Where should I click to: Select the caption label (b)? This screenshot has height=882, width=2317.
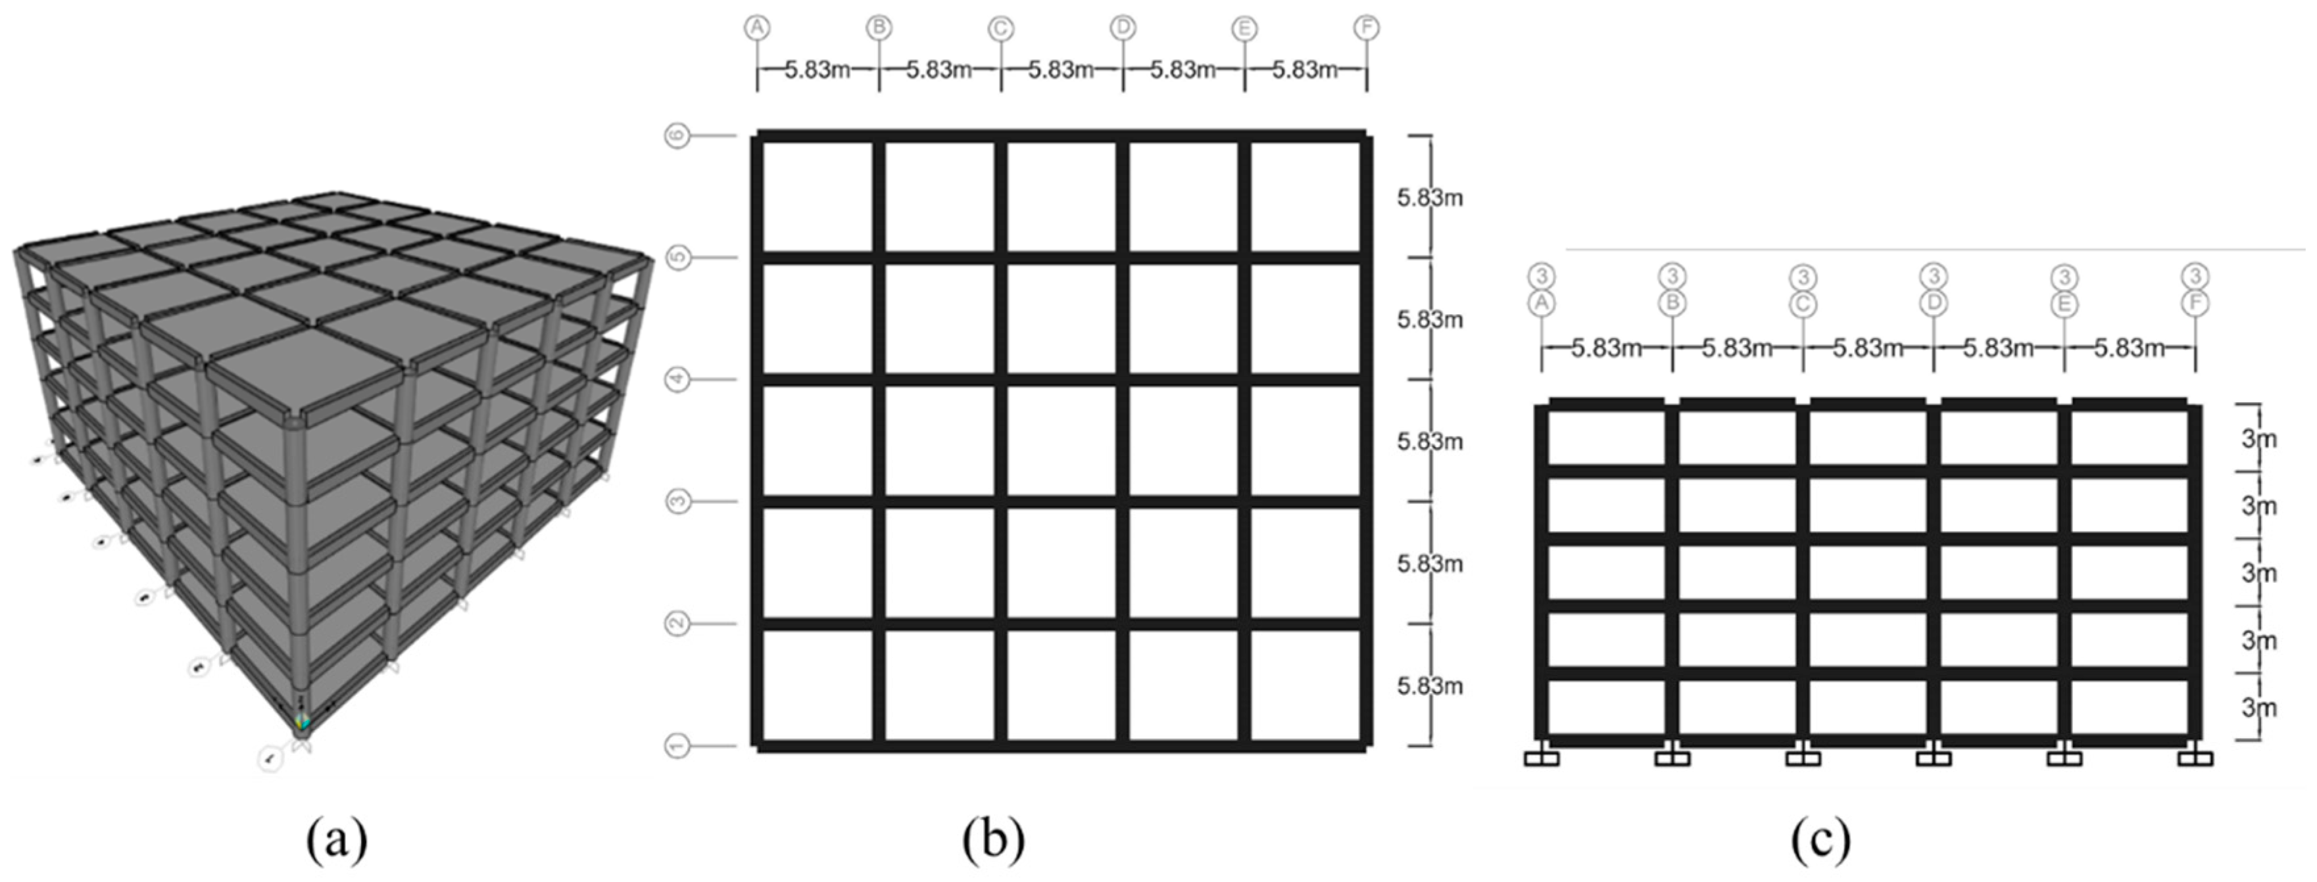click(x=993, y=840)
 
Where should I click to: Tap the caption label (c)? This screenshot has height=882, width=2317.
click(x=1820, y=840)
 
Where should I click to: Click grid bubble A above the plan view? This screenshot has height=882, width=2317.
click(x=758, y=28)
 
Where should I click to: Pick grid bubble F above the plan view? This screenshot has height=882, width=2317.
click(x=1366, y=28)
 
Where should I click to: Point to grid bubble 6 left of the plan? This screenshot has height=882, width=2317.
click(x=677, y=136)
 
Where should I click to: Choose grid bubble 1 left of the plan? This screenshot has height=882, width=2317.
click(x=677, y=745)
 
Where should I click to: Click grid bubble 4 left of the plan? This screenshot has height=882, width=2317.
click(x=677, y=379)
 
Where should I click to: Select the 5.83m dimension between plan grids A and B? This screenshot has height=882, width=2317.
click(x=817, y=69)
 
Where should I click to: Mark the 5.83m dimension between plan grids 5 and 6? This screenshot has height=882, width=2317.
click(x=1429, y=197)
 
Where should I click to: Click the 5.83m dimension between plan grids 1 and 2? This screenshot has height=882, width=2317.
click(x=1429, y=685)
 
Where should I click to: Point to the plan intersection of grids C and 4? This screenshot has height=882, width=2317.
click(x=1001, y=379)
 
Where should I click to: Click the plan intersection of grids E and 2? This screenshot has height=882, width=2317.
click(x=1245, y=623)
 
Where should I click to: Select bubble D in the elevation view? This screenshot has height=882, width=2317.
click(x=1934, y=303)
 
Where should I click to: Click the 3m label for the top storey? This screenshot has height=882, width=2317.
click(x=2258, y=439)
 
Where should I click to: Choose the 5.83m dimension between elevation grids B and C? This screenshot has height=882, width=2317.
click(x=1737, y=347)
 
